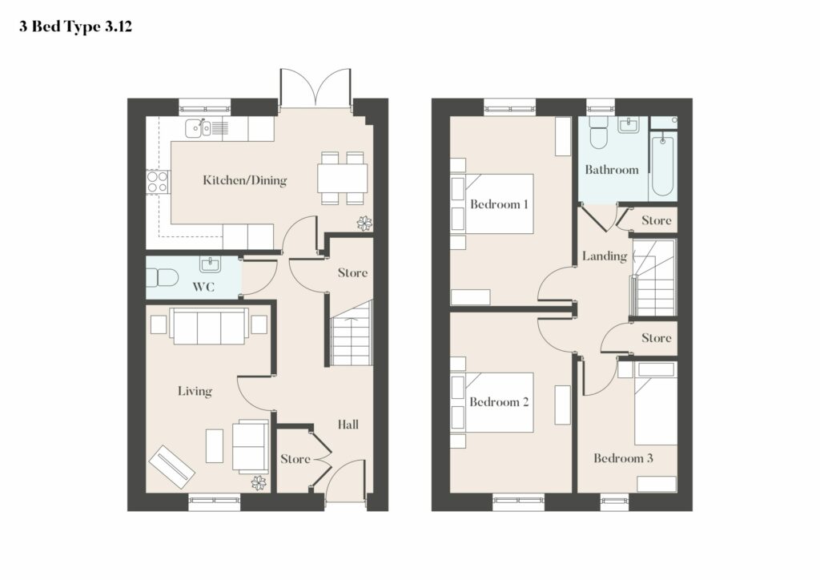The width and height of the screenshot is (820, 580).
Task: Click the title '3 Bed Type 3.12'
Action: pos(75,26)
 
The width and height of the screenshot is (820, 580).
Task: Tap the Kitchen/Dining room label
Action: pos(245,180)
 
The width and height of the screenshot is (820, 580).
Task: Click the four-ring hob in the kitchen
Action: pos(157,182)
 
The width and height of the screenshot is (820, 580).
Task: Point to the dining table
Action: pos(342,178)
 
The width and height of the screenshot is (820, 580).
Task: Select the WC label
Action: pos(203,287)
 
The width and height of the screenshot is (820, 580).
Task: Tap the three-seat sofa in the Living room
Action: pos(209,326)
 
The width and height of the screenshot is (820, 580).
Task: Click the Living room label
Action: pos(195,391)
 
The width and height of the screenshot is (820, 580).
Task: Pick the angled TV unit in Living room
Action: pos(171,467)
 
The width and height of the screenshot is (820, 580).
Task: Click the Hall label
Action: pos(348,424)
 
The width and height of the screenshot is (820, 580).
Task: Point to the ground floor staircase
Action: pos(352,334)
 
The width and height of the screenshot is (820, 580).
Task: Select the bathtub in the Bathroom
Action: pos(662,164)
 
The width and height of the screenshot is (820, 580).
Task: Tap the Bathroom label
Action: pos(611,170)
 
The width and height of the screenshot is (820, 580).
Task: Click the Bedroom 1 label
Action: pos(499,204)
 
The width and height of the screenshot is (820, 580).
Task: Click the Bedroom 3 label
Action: pos(623,458)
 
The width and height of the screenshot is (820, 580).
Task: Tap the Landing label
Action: pos(605,256)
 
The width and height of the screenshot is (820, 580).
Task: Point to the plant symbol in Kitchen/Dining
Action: pos(364,224)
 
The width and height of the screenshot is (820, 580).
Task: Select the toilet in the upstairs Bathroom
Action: pos(597,132)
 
